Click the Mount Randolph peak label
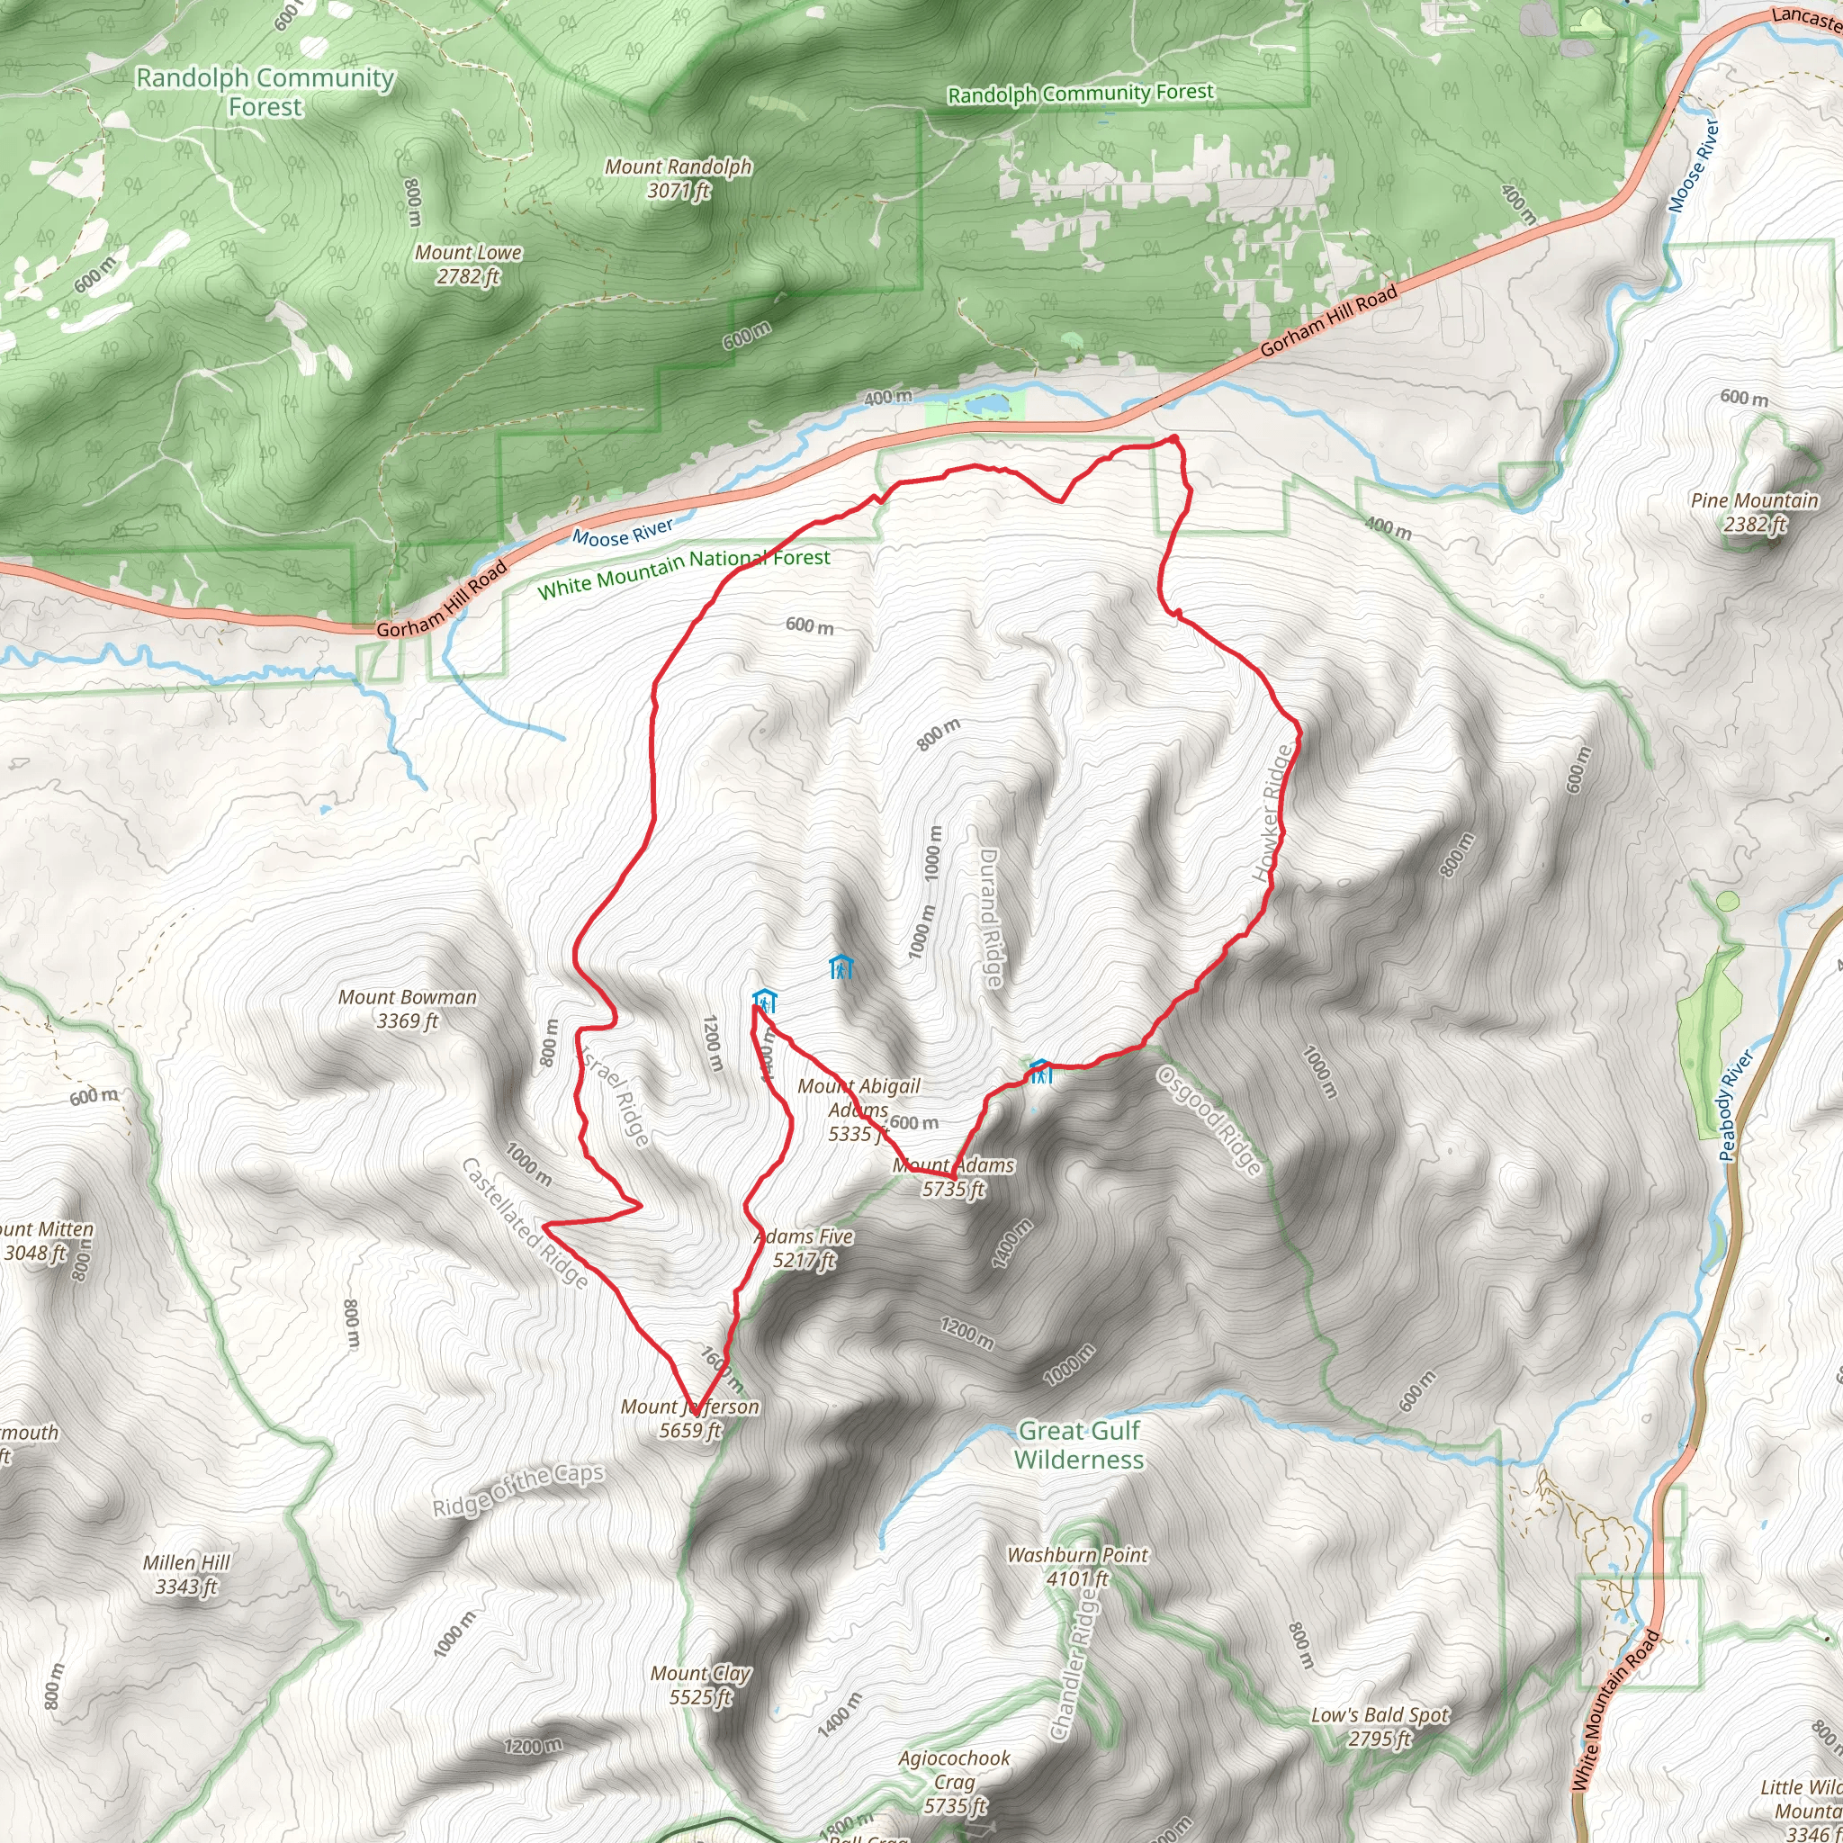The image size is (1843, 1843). point(679,178)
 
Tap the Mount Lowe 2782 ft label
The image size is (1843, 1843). point(468,265)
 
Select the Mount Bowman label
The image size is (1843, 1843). point(408,1008)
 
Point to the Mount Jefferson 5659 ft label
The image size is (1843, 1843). point(689,1417)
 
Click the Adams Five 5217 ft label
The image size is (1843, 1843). point(805,1248)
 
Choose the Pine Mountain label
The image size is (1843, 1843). point(1754,512)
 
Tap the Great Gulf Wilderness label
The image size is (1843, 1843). point(1079,1444)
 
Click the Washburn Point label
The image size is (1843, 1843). point(1078,1567)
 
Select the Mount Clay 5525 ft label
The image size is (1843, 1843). point(700,1685)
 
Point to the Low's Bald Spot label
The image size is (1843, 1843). point(1380,1727)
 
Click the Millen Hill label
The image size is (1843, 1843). point(186,1574)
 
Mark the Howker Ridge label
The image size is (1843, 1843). point(1274,813)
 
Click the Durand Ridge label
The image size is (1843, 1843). point(990,918)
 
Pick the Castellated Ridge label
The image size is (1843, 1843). point(524,1223)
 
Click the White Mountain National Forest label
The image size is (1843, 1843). point(683,572)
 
